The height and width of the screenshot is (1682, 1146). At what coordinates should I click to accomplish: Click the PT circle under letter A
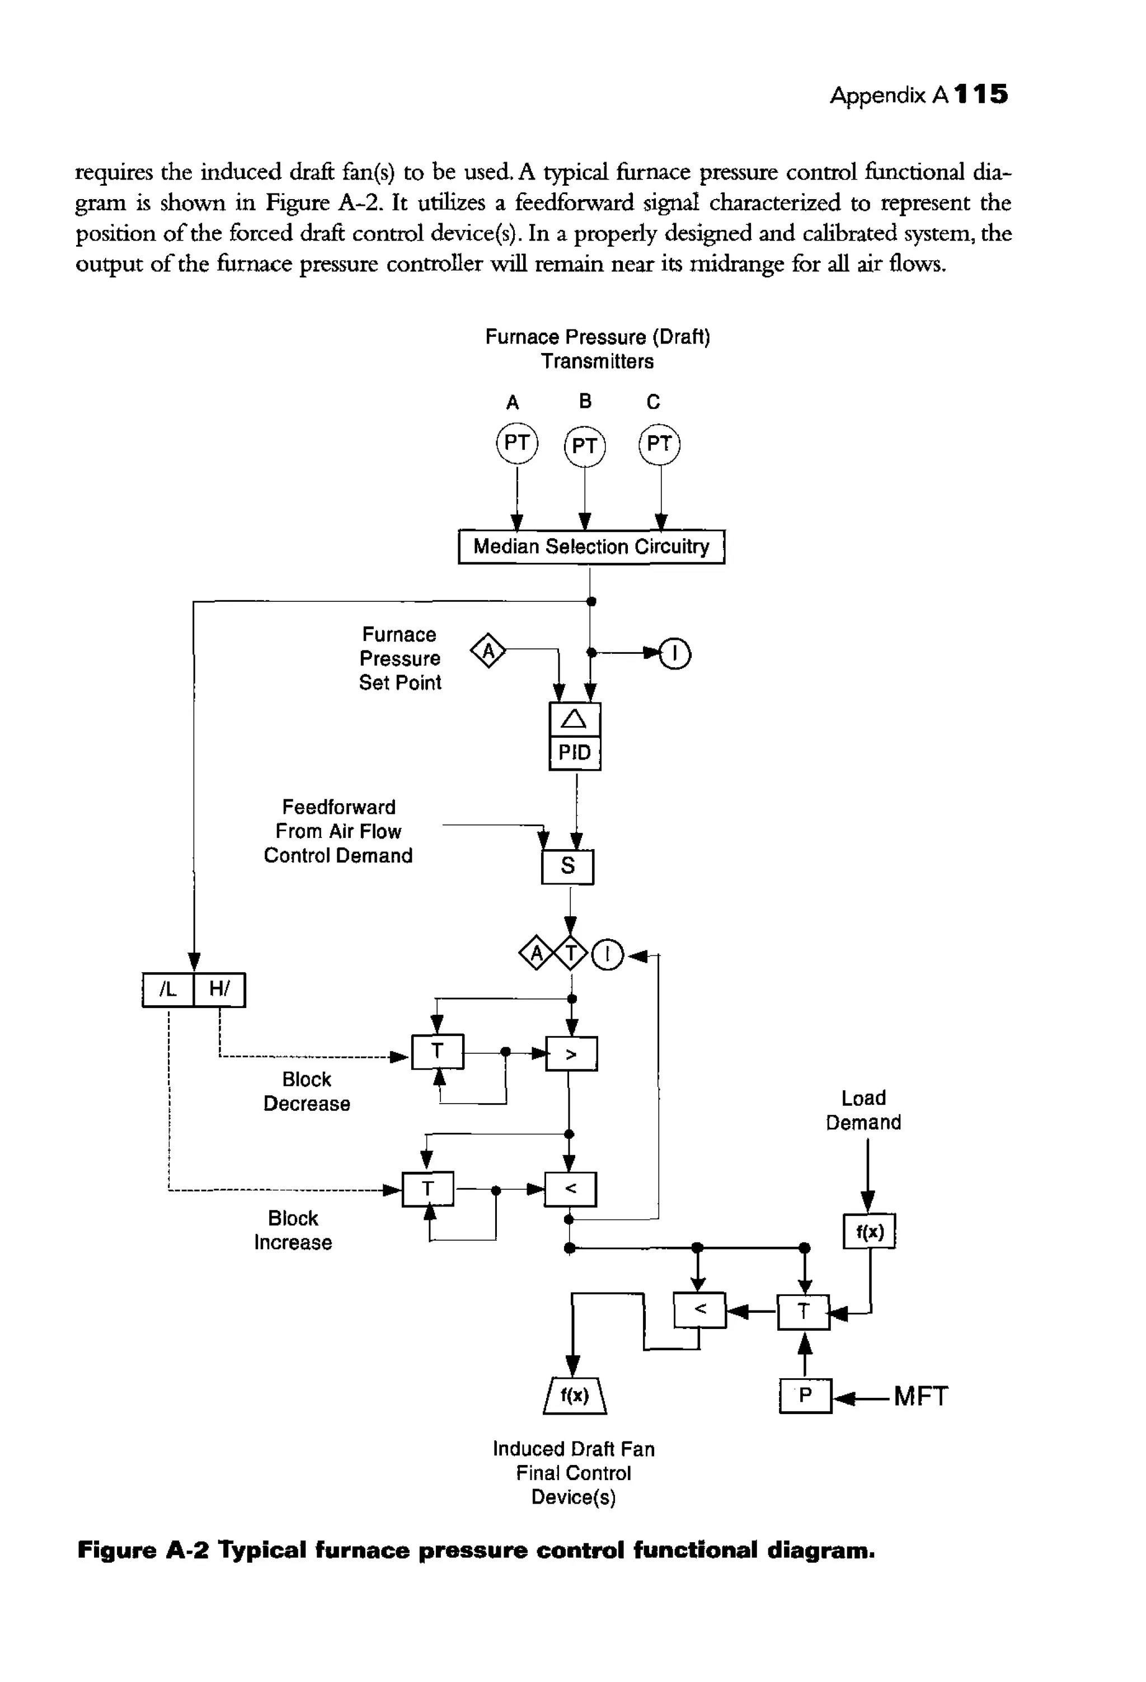pyautogui.click(x=517, y=443)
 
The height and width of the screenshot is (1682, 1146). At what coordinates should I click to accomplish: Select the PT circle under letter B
pyautogui.click(x=584, y=446)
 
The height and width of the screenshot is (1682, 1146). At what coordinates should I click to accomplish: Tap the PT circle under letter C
pyautogui.click(x=660, y=444)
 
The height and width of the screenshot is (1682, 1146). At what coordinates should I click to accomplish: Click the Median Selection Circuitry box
pyautogui.click(x=591, y=546)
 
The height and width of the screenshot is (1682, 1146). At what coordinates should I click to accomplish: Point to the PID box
pyautogui.click(x=575, y=753)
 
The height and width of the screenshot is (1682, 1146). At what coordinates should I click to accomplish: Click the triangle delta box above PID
pyautogui.click(x=575, y=719)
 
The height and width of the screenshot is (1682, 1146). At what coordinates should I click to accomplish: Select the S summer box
pyautogui.click(x=567, y=866)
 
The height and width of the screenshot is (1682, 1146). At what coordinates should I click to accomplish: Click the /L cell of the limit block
pyautogui.click(x=168, y=990)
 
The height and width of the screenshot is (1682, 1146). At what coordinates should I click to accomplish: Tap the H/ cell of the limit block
pyautogui.click(x=219, y=990)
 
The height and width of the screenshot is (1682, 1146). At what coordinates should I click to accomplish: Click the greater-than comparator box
pyautogui.click(x=571, y=1054)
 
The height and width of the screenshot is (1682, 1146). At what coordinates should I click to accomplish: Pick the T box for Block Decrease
pyautogui.click(x=437, y=1052)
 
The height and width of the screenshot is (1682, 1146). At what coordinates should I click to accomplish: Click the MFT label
pyautogui.click(x=920, y=1396)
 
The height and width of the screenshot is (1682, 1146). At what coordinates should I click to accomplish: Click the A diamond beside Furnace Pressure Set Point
pyautogui.click(x=489, y=652)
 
